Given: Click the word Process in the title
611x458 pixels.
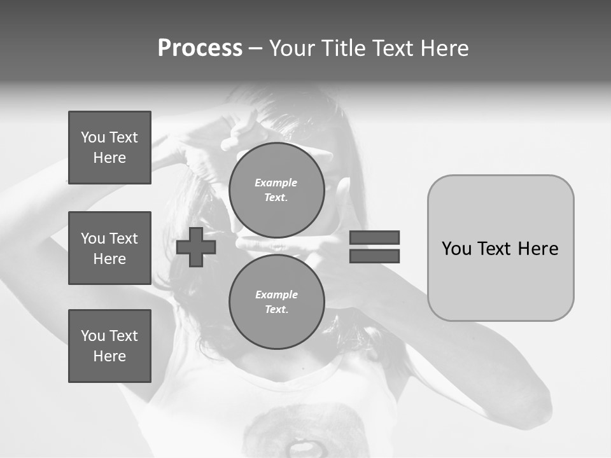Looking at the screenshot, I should [200, 48].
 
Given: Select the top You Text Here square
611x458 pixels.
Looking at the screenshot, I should [109, 148].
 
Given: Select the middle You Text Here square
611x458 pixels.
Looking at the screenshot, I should [109, 248].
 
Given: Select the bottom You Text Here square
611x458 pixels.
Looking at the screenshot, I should [109, 346].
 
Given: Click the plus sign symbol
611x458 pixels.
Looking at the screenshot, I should [196, 247].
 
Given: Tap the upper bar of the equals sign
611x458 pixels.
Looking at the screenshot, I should [374, 237].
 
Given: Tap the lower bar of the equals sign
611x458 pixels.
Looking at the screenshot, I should [374, 256].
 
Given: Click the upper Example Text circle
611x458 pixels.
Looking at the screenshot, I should [277, 190].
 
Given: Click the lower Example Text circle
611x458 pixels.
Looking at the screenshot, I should [277, 302].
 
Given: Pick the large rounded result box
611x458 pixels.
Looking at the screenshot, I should [500, 247].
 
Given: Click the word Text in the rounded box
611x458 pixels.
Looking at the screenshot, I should [500, 249].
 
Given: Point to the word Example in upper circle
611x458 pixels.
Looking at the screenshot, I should [276, 183].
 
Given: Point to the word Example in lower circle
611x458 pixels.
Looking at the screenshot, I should [276, 295].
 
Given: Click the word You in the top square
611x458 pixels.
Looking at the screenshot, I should [93, 137].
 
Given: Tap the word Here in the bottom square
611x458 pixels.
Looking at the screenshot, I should [109, 356].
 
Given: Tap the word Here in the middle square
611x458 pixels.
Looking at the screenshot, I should [109, 259].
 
